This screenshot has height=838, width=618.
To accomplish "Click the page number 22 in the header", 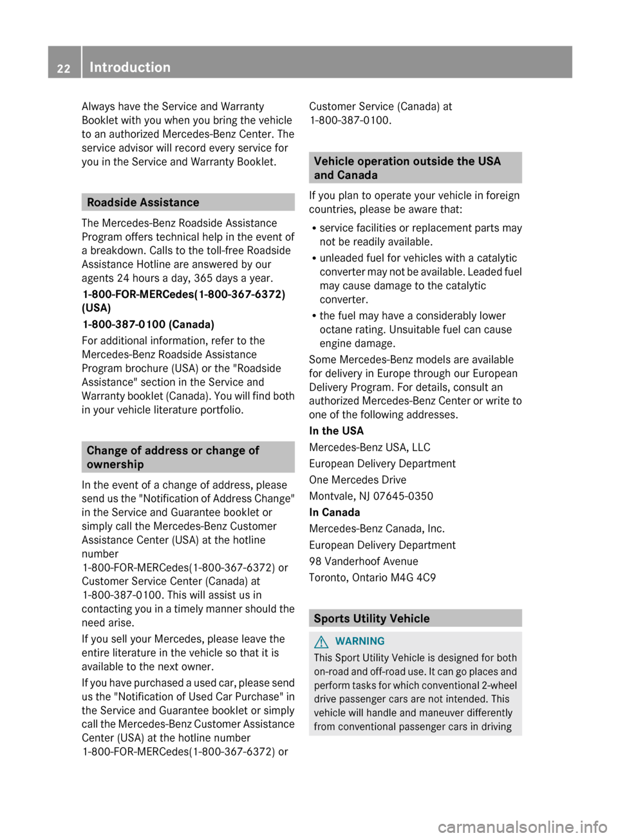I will point(63,68).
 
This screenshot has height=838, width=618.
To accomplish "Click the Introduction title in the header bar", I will point(130,67).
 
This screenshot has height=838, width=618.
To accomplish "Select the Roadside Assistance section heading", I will point(143,202).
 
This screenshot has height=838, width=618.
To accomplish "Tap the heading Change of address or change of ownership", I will point(173,457).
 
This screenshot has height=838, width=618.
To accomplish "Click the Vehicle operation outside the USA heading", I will point(407,167).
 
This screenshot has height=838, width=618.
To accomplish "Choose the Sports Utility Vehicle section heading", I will point(371,618).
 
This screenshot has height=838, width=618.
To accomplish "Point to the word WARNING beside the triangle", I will point(360,641).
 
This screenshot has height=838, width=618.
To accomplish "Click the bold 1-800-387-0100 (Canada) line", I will point(148,324).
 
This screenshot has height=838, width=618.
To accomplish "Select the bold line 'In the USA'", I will point(336,431).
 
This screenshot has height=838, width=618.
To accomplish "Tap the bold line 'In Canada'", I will point(334,512).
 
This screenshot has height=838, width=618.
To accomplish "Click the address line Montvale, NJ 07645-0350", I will point(371,496).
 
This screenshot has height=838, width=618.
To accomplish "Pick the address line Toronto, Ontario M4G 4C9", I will point(372,577).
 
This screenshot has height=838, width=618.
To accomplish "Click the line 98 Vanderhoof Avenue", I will point(363,561).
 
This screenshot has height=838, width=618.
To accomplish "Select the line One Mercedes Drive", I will point(357,480).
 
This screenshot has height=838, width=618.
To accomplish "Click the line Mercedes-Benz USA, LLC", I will point(370,447).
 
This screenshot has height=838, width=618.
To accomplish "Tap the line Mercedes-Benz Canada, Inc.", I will point(377,528).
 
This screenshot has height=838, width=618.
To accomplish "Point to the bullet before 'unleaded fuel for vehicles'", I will point(312,258).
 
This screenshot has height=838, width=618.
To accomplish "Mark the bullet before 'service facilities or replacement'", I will point(312,228).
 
